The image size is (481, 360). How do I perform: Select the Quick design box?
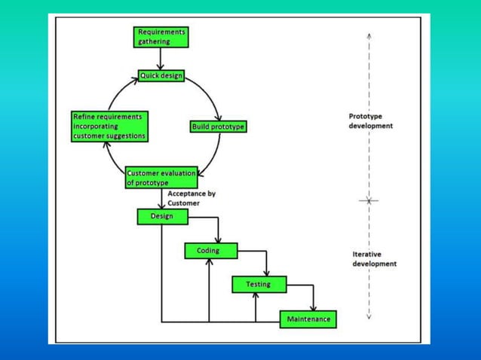click(x=161, y=76)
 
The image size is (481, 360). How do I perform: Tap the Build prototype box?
click(x=218, y=127)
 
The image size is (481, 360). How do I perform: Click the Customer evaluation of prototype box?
click(x=161, y=178)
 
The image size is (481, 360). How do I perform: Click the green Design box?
click(x=161, y=216)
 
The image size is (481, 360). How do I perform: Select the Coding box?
click(x=210, y=251)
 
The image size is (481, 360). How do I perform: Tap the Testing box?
click(x=258, y=285)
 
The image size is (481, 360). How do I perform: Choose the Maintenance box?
click(x=308, y=319)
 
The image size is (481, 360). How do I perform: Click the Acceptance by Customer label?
click(x=191, y=198)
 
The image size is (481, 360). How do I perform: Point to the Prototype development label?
click(x=370, y=121)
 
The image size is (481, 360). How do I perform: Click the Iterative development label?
click(x=374, y=259)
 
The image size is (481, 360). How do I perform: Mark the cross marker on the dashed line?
click(x=369, y=200)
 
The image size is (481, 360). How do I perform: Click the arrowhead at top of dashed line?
click(x=369, y=35)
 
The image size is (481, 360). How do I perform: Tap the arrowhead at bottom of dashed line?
click(x=369, y=316)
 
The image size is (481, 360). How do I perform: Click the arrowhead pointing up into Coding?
click(x=209, y=262)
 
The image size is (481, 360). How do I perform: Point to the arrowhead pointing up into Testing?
click(x=256, y=296)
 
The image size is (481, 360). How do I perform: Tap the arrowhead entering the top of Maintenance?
click(x=313, y=307)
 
